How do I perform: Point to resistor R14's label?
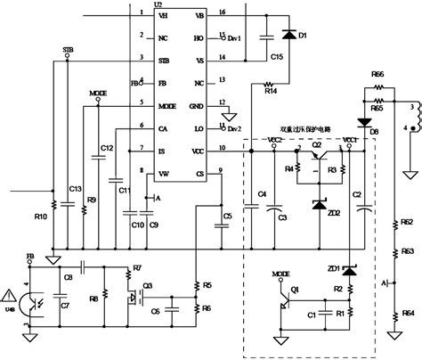click(271, 91)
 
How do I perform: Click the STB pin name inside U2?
click(162, 61)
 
